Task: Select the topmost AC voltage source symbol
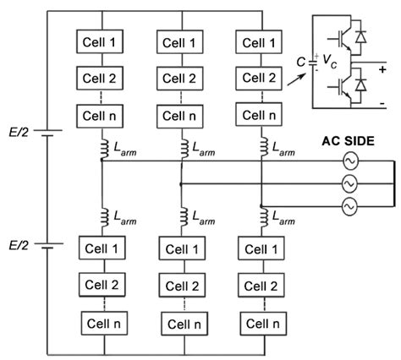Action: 348,161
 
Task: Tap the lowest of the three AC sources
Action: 348,205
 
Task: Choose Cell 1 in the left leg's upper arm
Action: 101,41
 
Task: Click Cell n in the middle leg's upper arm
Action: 181,112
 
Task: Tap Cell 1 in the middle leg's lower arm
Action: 181,249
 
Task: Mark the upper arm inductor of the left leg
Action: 102,149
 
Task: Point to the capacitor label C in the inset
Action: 302,60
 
